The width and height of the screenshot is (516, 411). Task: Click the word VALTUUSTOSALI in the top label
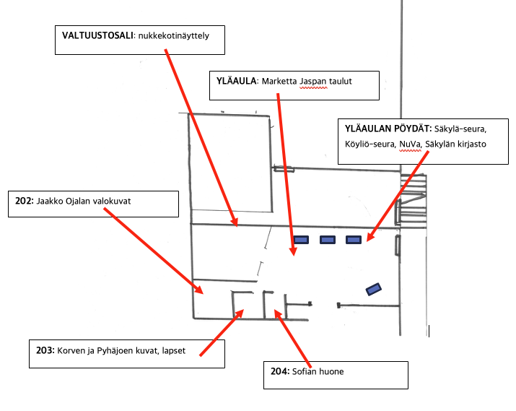tap(97, 35)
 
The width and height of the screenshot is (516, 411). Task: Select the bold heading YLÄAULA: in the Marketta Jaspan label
tap(236, 81)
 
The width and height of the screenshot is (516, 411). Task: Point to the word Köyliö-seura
tap(369, 144)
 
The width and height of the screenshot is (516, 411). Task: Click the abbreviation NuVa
tap(409, 144)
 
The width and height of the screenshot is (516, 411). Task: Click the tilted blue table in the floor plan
tap(374, 289)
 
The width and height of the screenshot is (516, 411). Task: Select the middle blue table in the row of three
tap(327, 241)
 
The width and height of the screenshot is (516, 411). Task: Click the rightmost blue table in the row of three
tap(354, 241)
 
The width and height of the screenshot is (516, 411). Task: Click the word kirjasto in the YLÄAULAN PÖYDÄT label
tap(470, 144)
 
